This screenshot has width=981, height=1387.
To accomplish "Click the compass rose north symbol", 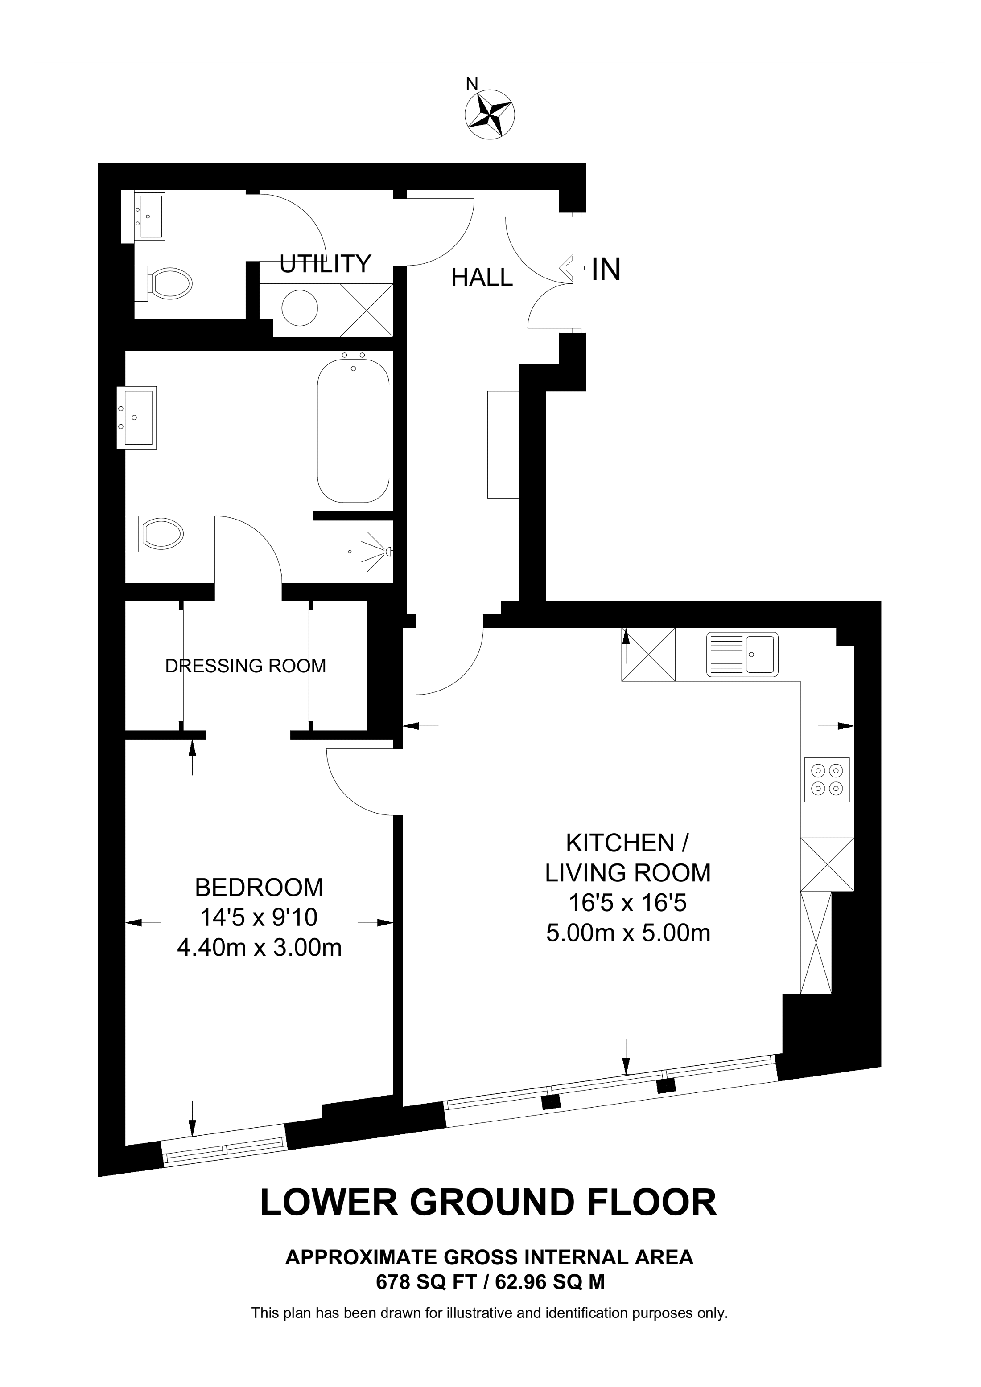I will [x=490, y=114].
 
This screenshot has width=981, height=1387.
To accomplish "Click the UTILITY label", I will [x=325, y=264].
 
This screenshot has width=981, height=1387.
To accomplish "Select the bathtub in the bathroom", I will [x=353, y=431].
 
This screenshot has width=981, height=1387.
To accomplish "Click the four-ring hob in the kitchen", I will [x=827, y=779].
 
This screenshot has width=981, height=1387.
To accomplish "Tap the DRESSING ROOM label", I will [x=245, y=666].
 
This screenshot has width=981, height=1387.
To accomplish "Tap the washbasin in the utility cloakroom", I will [x=148, y=216].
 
